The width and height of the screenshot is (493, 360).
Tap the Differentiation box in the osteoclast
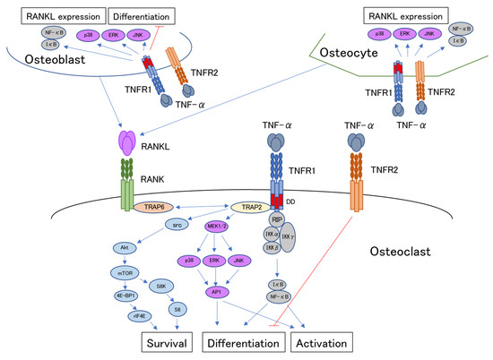pyautogui.click(x=243, y=343)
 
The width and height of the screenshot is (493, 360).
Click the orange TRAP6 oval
pyautogui.click(x=151, y=206)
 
